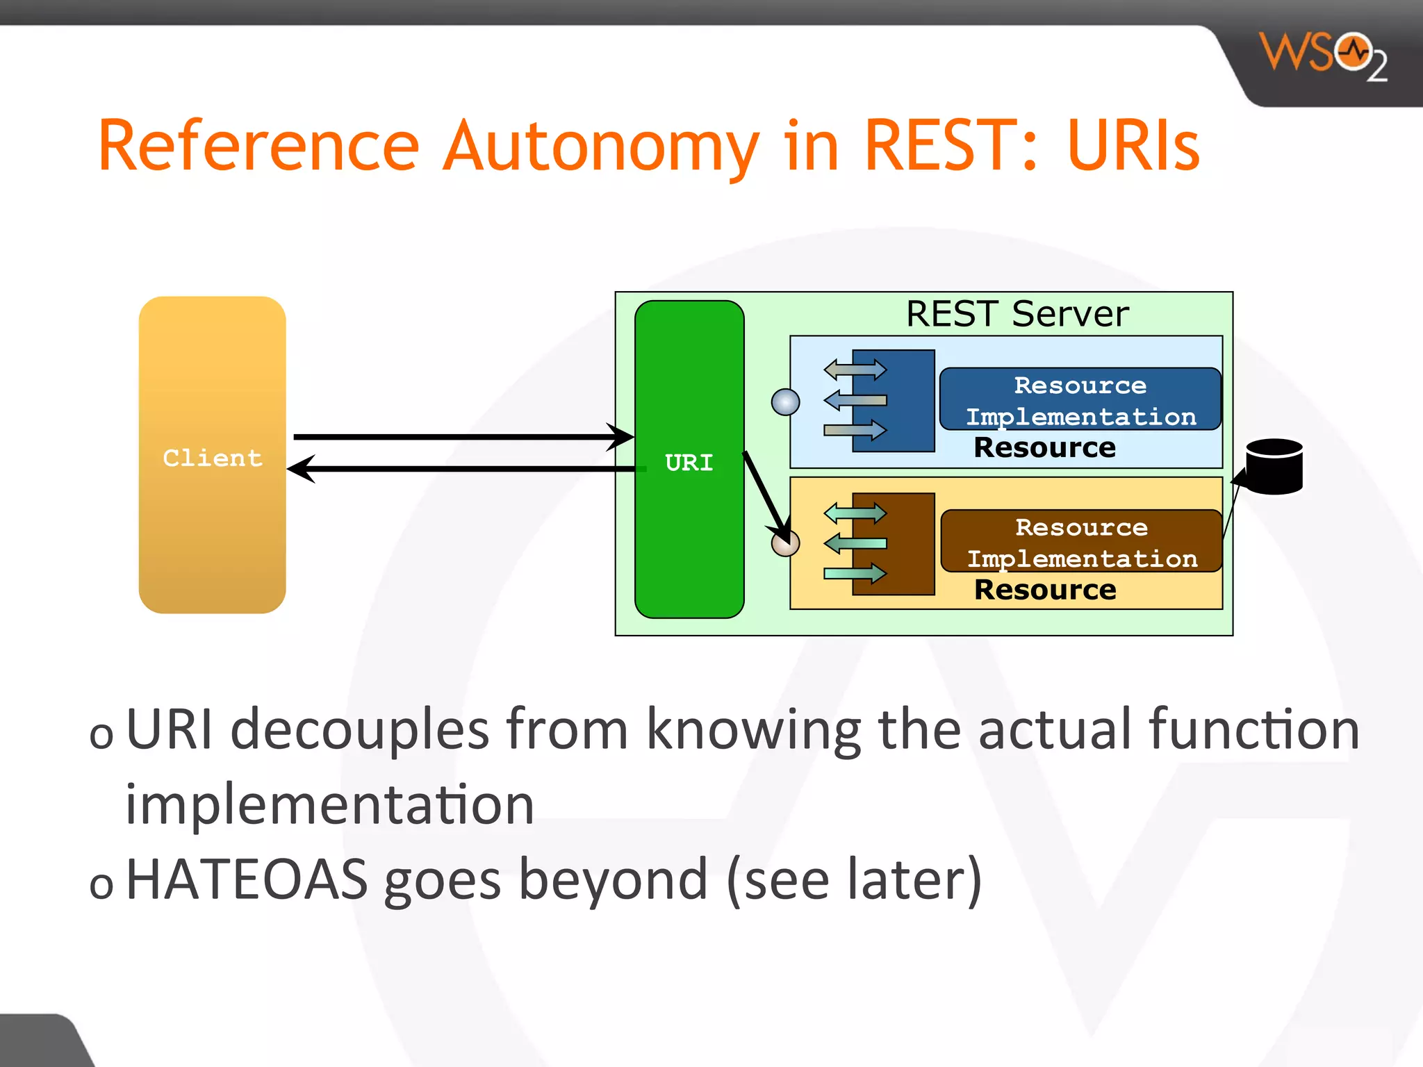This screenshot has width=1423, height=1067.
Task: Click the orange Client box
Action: click(x=212, y=455)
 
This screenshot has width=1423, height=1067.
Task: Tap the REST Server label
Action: click(x=1017, y=314)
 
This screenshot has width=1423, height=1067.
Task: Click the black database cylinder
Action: click(x=1274, y=467)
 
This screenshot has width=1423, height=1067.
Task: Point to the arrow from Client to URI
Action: click(x=459, y=437)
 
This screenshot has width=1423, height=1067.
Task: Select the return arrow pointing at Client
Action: click(x=459, y=469)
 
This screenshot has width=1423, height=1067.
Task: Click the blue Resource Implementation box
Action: click(x=1080, y=399)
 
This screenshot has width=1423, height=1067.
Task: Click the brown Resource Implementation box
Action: click(x=1081, y=542)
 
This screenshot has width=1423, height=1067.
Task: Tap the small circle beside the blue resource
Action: click(x=785, y=402)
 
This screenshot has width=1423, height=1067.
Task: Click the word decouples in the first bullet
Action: click(x=359, y=729)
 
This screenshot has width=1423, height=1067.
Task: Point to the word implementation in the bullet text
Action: click(x=329, y=804)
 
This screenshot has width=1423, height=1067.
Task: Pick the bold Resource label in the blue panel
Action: click(x=1044, y=448)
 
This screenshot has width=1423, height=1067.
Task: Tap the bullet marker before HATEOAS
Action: click(x=101, y=885)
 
